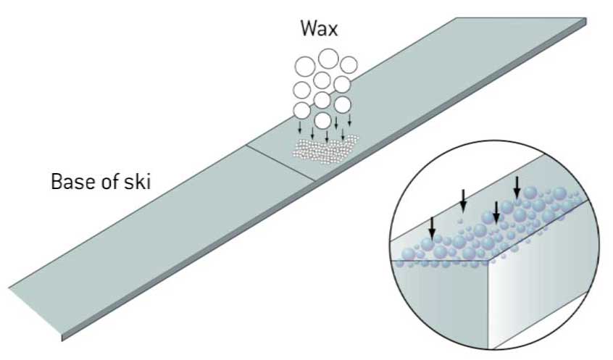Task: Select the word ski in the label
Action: (137, 181)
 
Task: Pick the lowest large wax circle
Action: (323, 120)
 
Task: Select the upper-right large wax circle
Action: (349, 65)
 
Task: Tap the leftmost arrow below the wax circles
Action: (300, 127)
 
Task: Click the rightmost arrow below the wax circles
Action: (350, 120)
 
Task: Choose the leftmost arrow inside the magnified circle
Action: (432, 227)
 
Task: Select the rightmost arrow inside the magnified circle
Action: (517, 188)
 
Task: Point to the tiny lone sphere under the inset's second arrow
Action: (461, 216)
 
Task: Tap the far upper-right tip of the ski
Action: (584, 19)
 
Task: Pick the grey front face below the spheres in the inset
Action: (442, 297)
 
